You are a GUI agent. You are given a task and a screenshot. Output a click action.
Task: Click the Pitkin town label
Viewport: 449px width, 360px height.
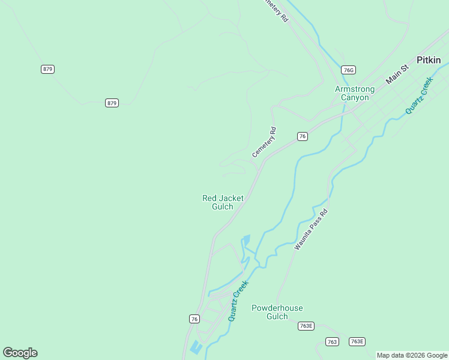click(429, 60)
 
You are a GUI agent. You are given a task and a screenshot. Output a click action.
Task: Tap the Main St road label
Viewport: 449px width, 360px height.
click(397, 74)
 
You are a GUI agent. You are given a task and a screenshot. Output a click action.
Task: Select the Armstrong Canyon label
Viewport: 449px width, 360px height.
click(354, 93)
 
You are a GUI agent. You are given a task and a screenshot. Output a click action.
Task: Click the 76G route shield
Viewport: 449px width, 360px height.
click(348, 70)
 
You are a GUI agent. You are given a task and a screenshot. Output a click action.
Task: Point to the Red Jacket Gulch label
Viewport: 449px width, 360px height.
click(223, 202)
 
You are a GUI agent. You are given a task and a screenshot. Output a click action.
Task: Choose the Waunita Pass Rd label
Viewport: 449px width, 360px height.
click(312, 230)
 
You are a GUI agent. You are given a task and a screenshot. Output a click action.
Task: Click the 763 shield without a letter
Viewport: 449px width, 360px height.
click(333, 341)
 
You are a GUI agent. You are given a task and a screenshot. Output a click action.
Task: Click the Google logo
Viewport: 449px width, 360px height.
click(20, 353)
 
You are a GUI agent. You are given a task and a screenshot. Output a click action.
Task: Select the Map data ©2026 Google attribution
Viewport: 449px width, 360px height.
click(412, 355)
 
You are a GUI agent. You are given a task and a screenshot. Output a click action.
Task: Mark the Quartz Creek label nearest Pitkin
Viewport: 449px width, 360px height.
click(419, 95)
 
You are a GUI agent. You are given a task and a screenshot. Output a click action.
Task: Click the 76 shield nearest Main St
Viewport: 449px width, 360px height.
click(303, 136)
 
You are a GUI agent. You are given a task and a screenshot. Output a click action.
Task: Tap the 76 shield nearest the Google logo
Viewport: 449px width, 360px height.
click(194, 319)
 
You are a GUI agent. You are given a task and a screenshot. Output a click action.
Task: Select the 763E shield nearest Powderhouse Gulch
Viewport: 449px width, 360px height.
click(306, 326)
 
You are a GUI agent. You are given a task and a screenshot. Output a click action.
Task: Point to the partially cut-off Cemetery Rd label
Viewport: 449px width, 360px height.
click(277, 10)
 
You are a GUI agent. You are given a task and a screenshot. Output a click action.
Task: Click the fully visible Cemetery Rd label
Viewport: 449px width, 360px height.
click(264, 143)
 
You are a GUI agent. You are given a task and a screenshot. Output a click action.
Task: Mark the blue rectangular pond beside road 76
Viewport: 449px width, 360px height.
click(196, 347)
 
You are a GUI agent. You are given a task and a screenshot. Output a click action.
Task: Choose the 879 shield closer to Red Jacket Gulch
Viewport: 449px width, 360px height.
click(112, 103)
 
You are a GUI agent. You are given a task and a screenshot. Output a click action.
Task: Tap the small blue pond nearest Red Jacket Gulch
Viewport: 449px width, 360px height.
click(246, 241)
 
